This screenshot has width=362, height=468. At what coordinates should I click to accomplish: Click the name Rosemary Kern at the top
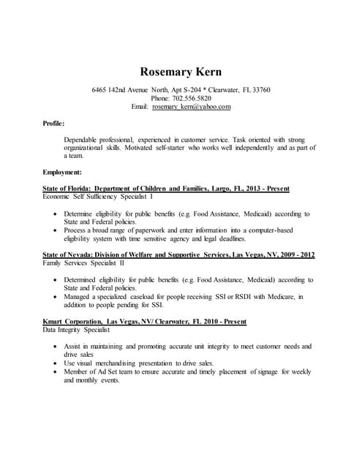coord(181,72)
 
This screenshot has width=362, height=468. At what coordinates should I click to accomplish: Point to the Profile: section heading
coord(54,124)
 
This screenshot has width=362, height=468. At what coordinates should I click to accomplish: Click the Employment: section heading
coord(62,172)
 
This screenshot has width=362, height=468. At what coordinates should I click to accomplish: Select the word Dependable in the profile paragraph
coord(84,139)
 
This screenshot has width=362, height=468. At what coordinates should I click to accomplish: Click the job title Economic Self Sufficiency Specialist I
coord(99,197)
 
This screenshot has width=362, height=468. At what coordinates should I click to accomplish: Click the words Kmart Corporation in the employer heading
coord(72,322)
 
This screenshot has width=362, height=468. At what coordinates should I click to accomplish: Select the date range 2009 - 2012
coord(293,254)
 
